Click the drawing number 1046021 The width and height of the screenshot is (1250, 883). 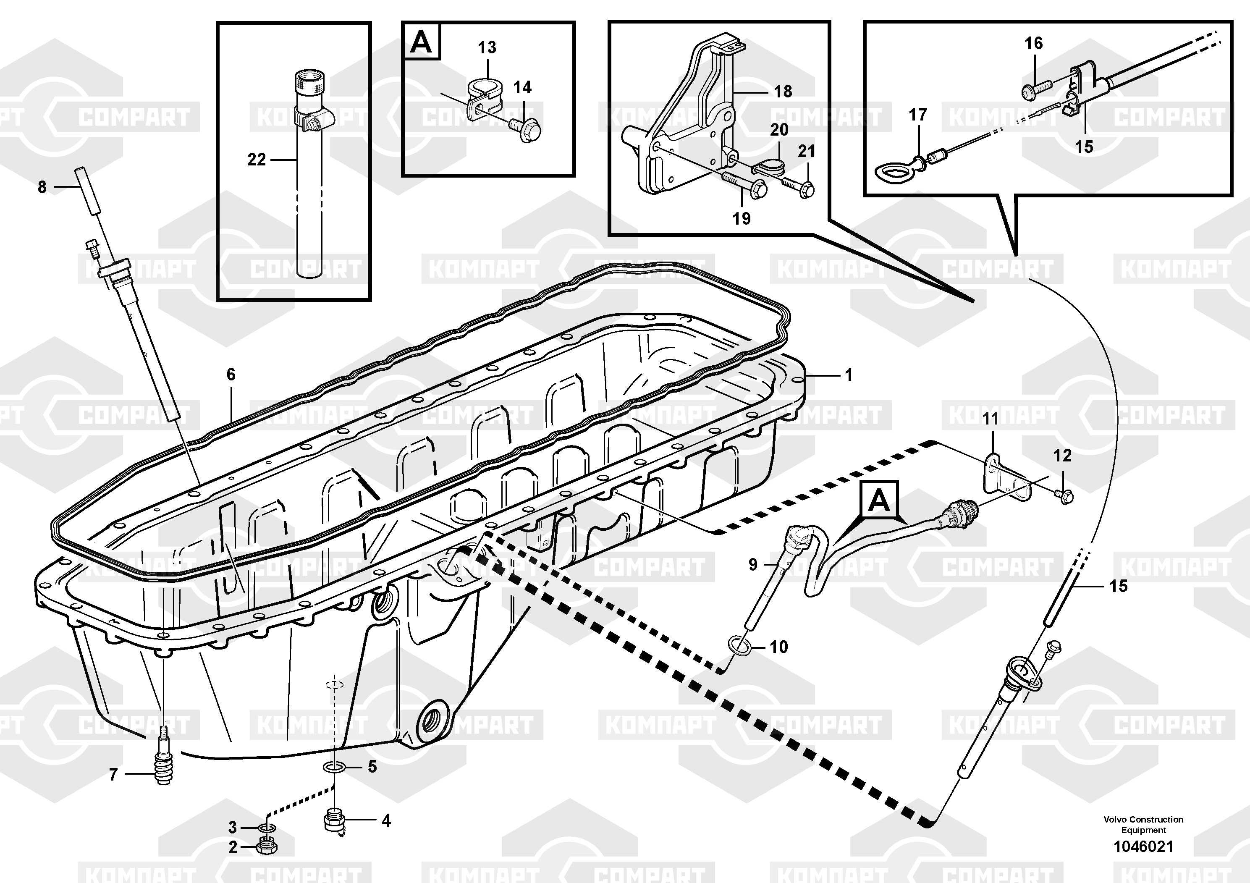click(1143, 847)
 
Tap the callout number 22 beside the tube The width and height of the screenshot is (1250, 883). click(257, 160)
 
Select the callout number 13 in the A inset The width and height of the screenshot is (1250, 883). click(487, 48)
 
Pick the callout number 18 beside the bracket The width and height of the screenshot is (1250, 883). click(783, 92)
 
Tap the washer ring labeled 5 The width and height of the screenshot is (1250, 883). click(333, 768)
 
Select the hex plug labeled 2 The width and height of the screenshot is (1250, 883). click(266, 847)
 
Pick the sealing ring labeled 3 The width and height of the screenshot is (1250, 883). click(266, 828)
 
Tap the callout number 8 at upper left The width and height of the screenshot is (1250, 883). click(42, 187)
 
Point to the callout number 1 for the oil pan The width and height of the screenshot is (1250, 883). click(848, 375)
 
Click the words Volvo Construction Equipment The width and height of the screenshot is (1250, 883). click(1143, 824)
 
